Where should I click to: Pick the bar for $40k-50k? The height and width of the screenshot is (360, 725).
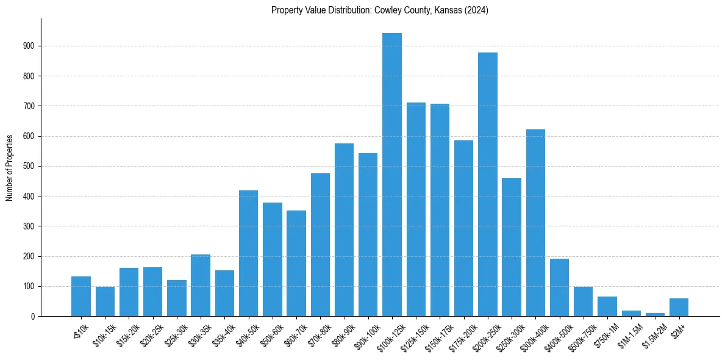tap(248, 253)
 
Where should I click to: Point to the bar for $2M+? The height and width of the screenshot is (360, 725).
tap(679, 308)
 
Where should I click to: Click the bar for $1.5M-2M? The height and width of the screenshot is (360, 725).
tap(655, 314)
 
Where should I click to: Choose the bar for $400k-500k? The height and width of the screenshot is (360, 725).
tap(559, 287)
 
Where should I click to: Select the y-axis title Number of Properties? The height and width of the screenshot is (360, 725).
tap(10, 167)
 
